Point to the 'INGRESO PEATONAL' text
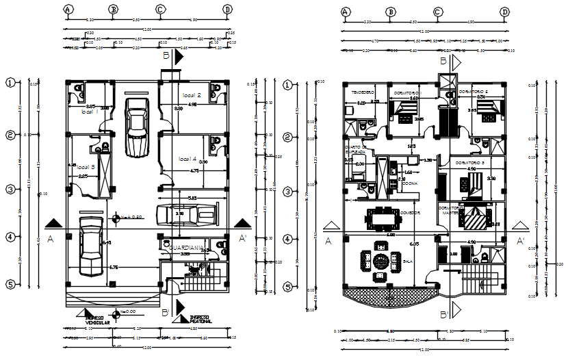200,320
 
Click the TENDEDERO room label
363,92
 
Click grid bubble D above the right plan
504,12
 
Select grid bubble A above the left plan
68,10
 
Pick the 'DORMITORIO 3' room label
469,163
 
